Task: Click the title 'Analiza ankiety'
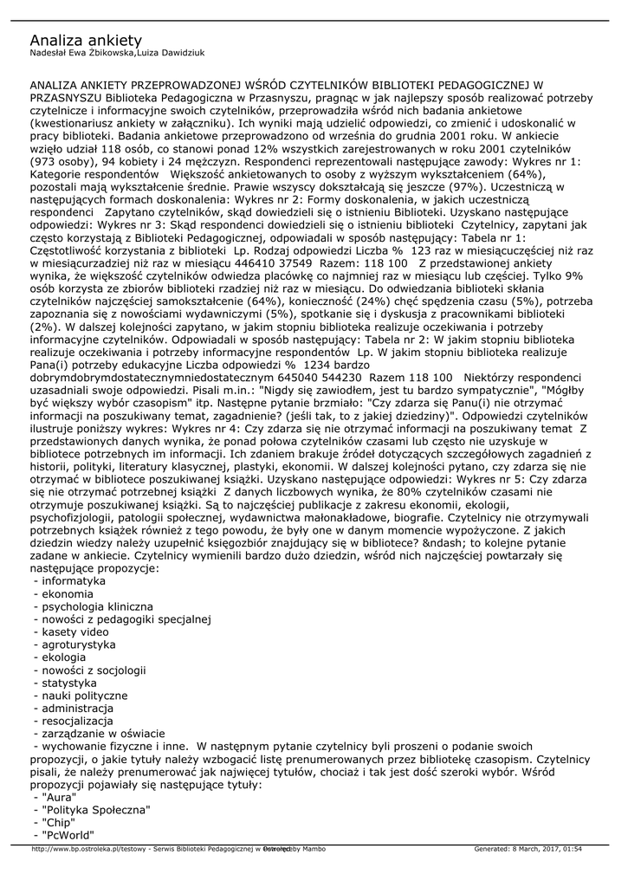86,41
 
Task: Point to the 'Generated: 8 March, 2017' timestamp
528,849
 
